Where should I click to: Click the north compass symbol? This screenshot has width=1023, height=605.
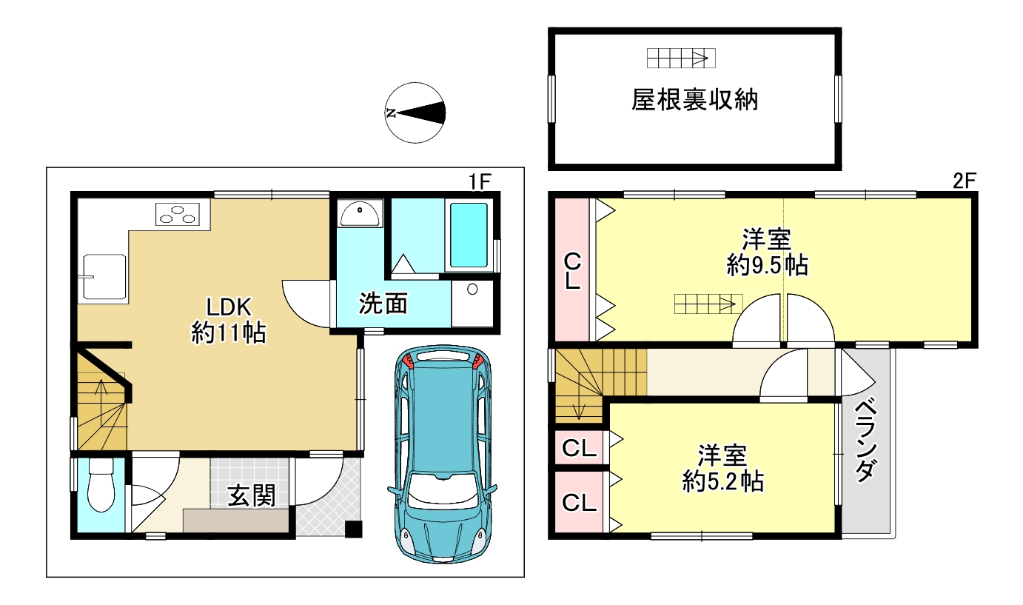(x=415, y=113)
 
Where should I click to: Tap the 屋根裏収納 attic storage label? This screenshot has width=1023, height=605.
(x=694, y=100)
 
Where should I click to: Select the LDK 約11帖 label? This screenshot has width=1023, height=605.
(x=228, y=320)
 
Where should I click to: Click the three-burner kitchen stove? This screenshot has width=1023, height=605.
(x=178, y=215)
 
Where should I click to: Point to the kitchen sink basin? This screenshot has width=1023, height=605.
(x=104, y=277)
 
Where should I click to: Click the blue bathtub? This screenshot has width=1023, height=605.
(x=469, y=235)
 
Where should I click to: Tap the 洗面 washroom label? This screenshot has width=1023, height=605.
(x=383, y=304)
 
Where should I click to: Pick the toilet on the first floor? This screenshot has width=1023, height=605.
(x=101, y=485)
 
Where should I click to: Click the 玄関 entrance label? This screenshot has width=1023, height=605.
(x=252, y=495)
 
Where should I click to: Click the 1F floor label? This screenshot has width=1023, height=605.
(x=480, y=182)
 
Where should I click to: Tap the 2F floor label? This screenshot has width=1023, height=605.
(x=964, y=182)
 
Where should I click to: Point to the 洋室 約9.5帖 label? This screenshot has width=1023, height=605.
(x=767, y=252)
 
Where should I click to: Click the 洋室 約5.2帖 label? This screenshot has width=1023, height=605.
(x=723, y=468)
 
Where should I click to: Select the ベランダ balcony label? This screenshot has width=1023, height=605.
(x=866, y=441)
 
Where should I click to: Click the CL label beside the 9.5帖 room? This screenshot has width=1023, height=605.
(x=573, y=272)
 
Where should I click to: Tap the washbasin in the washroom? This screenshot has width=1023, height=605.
(x=360, y=214)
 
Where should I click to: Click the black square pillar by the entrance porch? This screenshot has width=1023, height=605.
(x=354, y=529)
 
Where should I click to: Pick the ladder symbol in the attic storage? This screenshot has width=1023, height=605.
(x=681, y=59)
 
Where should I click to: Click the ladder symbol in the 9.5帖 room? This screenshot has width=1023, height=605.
(x=708, y=304)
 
